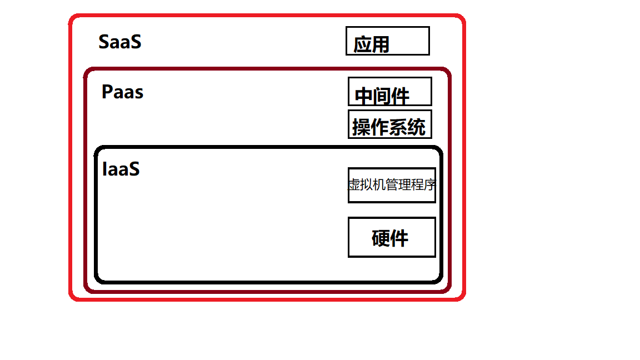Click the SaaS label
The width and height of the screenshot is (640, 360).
pyautogui.click(x=119, y=42)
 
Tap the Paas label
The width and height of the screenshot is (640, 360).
pyautogui.click(x=122, y=92)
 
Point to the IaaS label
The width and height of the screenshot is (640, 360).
pyautogui.click(x=121, y=169)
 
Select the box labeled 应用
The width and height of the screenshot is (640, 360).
pyautogui.click(x=388, y=41)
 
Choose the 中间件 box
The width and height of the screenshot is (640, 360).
pyautogui.click(x=389, y=91)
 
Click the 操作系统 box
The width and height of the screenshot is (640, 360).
pyautogui.click(x=389, y=124)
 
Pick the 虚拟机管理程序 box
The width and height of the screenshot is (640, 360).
pyautogui.click(x=392, y=185)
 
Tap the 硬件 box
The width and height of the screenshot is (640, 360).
pyautogui.click(x=392, y=237)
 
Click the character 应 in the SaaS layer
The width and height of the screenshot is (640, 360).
pyautogui.click(x=362, y=44)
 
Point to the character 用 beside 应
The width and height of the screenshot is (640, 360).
pyautogui.click(x=381, y=44)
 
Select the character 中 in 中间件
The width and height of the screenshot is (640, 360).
pyautogui.click(x=364, y=96)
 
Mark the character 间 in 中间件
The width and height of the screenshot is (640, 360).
pyautogui.click(x=382, y=96)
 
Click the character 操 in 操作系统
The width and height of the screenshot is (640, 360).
pyautogui.click(x=361, y=128)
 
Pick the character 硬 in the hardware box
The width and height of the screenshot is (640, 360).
pyautogui.click(x=381, y=238)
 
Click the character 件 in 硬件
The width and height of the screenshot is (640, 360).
pyautogui.click(x=399, y=238)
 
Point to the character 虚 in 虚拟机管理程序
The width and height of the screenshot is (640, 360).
pyautogui.click(x=354, y=185)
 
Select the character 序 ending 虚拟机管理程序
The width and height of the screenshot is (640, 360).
pyautogui.click(x=429, y=185)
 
